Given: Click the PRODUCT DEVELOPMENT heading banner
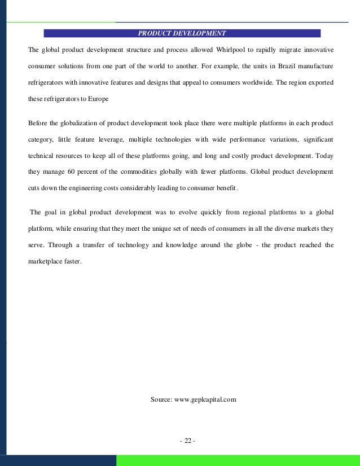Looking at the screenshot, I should point(182,33).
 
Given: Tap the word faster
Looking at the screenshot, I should point(72,261).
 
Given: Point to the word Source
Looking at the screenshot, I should point(161,399).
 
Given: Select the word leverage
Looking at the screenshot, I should point(103,139).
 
